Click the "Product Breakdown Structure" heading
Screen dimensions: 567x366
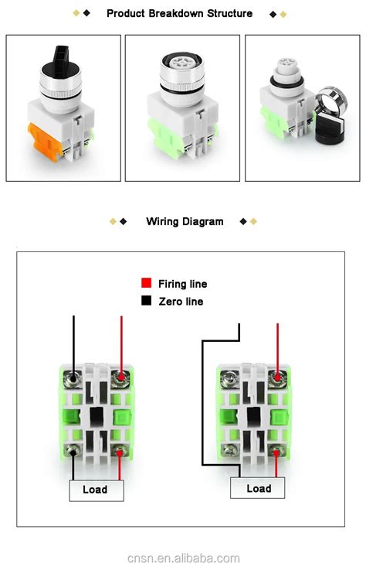[x=179, y=13]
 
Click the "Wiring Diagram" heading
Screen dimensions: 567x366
[x=185, y=221]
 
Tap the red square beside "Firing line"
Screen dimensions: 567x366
[x=145, y=284]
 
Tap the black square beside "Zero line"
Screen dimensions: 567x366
[x=145, y=301]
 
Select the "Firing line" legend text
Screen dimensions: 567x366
[x=182, y=284]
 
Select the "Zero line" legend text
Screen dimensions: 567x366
[x=181, y=302]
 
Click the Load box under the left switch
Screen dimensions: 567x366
[x=96, y=489]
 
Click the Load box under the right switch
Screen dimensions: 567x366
[x=258, y=488]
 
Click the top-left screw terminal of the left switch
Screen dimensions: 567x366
[x=72, y=378]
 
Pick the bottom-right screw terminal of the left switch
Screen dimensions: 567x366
[x=120, y=450]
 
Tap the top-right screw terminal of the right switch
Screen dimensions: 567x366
[x=276, y=378]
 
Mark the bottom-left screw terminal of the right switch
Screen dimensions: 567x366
[x=229, y=449]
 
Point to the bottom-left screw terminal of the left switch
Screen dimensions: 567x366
[x=72, y=450]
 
